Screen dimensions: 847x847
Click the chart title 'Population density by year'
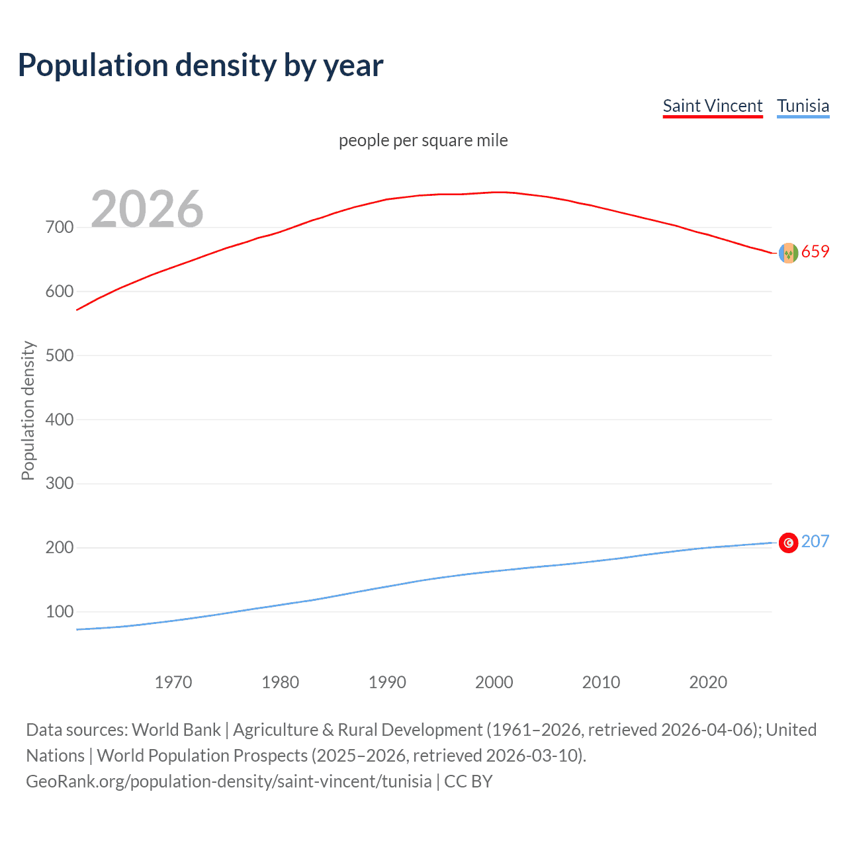[201, 66]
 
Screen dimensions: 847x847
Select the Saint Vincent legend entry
[713, 106]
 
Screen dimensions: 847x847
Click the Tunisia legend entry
[803, 106]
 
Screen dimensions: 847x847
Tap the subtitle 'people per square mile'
[423, 140]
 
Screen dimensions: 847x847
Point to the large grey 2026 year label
[147, 209]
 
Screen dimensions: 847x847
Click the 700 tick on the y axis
[60, 227]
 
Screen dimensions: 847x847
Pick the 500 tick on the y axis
[60, 355]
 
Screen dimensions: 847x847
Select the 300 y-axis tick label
[60, 484]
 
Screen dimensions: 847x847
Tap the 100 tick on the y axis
[60, 611]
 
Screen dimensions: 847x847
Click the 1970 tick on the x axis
[173, 682]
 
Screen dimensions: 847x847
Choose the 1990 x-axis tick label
[387, 682]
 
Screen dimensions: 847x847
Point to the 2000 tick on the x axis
[494, 682]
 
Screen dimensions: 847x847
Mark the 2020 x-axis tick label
[708, 682]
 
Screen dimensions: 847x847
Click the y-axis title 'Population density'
[28, 410]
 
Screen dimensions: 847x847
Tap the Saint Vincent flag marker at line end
[788, 253]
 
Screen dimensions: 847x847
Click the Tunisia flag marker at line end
[788, 543]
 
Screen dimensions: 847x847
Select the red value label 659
[815, 251]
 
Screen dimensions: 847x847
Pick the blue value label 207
[815, 541]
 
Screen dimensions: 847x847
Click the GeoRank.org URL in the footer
[229, 781]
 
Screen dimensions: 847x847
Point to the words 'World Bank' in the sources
[176, 730]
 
